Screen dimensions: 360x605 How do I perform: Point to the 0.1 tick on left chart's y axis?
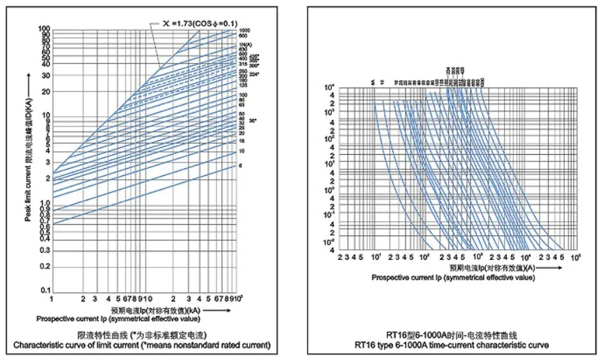tap(44, 290)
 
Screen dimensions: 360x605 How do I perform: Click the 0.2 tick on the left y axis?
tap(44, 264)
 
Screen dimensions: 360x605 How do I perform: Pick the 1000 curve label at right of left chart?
tap(244, 32)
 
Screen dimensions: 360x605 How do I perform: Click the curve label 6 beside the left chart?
tap(240, 166)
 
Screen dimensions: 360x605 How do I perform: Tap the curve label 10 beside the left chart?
tap(241, 151)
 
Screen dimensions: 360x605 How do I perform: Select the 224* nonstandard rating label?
tap(254, 74)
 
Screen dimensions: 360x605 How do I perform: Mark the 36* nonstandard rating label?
tap(252, 120)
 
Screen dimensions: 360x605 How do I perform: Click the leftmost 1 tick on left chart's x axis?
tap(51, 299)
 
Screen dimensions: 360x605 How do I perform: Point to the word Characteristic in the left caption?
tap(36, 345)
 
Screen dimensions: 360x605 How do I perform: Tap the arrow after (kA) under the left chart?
tap(217, 309)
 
